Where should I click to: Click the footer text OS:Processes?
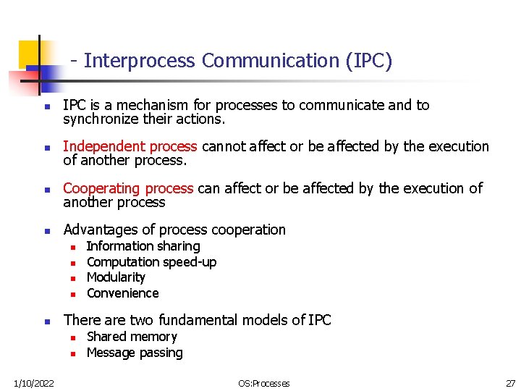tap(263, 383)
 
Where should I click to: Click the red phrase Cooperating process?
tap(128, 188)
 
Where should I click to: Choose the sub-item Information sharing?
tap(143, 246)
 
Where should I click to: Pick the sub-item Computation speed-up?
tap(151, 262)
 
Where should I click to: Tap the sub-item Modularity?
tap(116, 277)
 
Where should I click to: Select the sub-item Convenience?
tap(122, 293)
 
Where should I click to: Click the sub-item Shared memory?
tap(132, 337)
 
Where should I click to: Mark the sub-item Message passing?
tap(135, 353)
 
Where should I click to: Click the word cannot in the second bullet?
tap(224, 146)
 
